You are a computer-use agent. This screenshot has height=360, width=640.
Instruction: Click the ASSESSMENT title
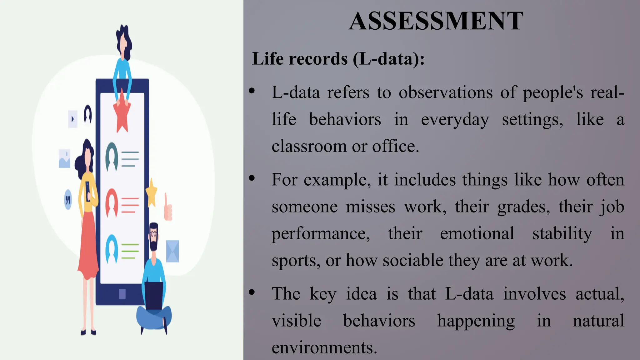(436, 21)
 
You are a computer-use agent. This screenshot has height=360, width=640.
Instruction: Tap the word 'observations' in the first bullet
(446, 93)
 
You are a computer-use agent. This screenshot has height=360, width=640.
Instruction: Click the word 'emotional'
(477, 233)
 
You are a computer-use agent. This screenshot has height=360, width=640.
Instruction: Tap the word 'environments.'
(324, 347)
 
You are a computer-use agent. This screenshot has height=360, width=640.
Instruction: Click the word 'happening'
(476, 321)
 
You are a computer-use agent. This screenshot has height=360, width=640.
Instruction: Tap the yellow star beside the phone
(152, 193)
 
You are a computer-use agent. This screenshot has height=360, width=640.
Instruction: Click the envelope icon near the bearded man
(172, 251)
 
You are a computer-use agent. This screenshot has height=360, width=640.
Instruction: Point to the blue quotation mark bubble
(68, 199)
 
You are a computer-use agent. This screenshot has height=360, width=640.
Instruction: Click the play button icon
(72, 119)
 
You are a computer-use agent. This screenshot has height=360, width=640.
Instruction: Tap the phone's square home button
(122, 294)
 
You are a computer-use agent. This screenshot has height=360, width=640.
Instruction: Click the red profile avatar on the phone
(112, 203)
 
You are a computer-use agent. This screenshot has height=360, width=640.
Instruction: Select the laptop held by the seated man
(153, 295)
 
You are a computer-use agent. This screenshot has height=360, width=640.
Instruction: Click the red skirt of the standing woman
(88, 247)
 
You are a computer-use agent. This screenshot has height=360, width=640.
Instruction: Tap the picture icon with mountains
(64, 159)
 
